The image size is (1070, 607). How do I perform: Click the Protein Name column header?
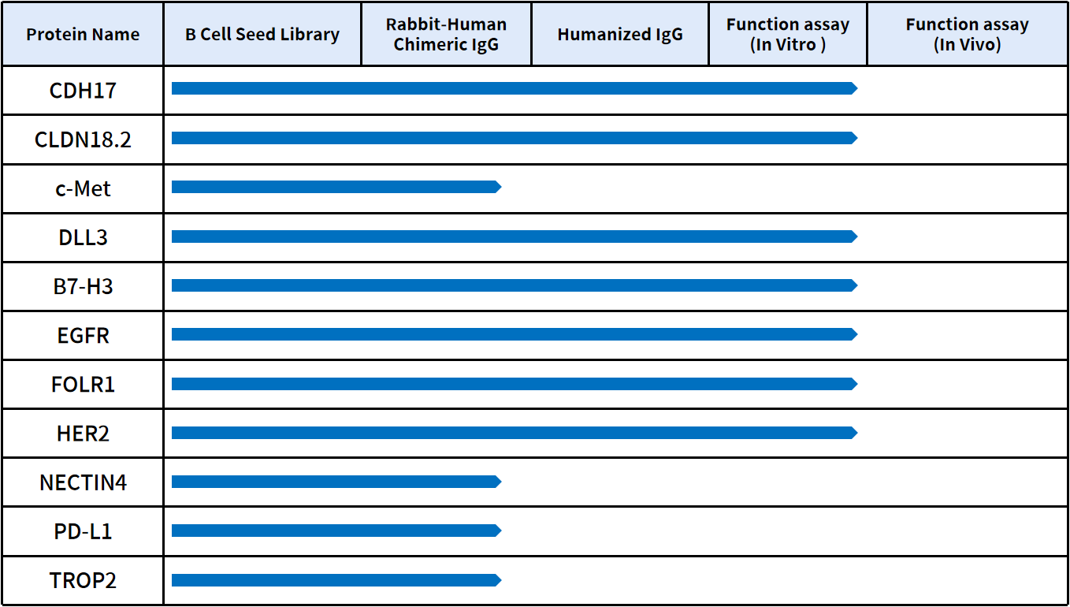pyautogui.click(x=83, y=35)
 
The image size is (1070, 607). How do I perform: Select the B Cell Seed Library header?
pyautogui.click(x=262, y=35)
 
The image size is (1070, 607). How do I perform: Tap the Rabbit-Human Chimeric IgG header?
pyautogui.click(x=446, y=35)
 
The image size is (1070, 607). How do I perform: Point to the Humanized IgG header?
pyautogui.click(x=620, y=35)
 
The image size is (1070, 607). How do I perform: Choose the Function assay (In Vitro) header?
pyautogui.click(x=787, y=35)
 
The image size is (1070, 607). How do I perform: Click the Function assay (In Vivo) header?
pyautogui.click(x=967, y=35)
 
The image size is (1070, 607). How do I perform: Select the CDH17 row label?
pyautogui.click(x=83, y=91)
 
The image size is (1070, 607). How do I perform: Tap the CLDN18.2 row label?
pyautogui.click(x=83, y=140)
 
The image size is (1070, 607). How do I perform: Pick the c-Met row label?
pyautogui.click(x=83, y=189)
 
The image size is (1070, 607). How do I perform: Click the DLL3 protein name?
pyautogui.click(x=83, y=238)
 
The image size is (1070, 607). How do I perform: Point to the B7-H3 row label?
pyautogui.click(x=83, y=287)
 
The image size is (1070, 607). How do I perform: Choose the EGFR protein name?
pyautogui.click(x=83, y=336)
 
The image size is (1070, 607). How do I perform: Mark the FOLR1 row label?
pyautogui.click(x=83, y=385)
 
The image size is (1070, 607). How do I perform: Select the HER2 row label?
pyautogui.click(x=83, y=434)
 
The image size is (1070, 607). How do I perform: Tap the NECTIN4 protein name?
pyautogui.click(x=83, y=482)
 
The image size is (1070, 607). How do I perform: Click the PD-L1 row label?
pyautogui.click(x=83, y=531)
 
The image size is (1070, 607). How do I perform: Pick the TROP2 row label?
pyautogui.click(x=83, y=581)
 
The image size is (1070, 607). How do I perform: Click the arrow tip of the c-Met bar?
pyautogui.click(x=498, y=187)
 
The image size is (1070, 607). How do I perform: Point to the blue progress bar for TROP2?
pyautogui.click(x=335, y=580)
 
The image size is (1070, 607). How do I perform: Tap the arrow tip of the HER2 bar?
pyautogui.click(x=854, y=433)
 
